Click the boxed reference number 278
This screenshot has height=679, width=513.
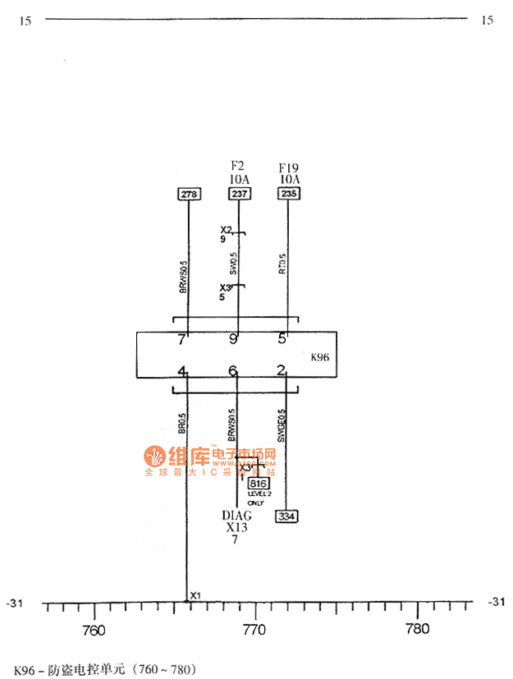[189, 194]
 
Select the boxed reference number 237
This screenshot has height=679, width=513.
[239, 194]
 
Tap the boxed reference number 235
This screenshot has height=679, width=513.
[289, 194]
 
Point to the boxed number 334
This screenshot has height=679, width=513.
[286, 516]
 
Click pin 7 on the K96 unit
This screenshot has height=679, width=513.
[182, 338]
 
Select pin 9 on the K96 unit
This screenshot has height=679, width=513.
[233, 338]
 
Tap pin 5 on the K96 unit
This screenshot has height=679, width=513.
[282, 338]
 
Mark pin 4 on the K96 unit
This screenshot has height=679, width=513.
[183, 371]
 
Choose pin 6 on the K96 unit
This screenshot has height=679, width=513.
[233, 371]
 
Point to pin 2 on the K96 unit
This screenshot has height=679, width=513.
[281, 371]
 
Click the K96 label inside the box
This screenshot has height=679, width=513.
[320, 358]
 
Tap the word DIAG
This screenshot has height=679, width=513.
[237, 516]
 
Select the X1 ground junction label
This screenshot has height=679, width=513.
[195, 595]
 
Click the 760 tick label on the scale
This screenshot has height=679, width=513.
[94, 630]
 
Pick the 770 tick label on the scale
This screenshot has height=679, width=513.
[255, 630]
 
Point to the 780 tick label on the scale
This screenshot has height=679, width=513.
[418, 630]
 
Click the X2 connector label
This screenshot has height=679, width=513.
[227, 230]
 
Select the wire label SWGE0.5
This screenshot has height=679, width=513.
[282, 426]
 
